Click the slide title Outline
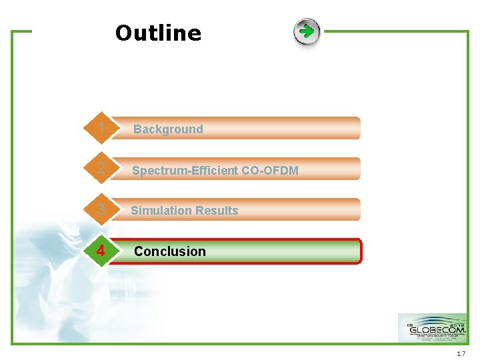(158, 33)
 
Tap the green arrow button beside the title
(307, 32)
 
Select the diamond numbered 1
(100, 128)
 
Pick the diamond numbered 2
(100, 169)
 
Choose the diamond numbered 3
(100, 209)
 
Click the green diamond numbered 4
(100, 251)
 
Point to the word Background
(168, 129)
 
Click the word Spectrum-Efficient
(185, 171)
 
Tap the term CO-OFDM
(270, 171)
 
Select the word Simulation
(158, 211)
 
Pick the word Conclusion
(170, 251)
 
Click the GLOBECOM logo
(432, 328)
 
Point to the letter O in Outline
(124, 33)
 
